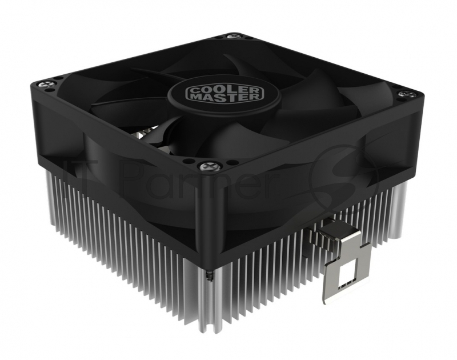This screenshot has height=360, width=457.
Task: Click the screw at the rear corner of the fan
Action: [234, 36]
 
